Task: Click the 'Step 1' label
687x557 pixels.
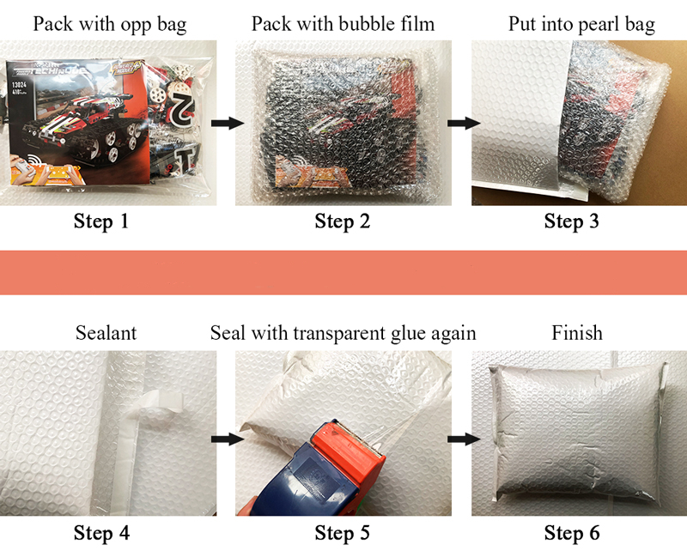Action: coord(101,221)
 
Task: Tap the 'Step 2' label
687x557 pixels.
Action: coord(342,221)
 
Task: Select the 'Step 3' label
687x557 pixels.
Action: coord(571,221)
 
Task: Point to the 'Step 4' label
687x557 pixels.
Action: coord(101,533)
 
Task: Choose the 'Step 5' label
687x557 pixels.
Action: coord(342,533)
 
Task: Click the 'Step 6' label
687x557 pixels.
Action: coord(572,533)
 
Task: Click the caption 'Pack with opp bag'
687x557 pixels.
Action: coord(110,25)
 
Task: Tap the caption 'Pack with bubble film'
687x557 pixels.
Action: coord(343,24)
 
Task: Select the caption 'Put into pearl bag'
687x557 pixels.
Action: coord(581,25)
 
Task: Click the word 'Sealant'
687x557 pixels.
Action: coord(106,333)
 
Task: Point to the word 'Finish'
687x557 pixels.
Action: coord(577,333)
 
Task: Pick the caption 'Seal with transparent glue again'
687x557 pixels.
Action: coord(343,334)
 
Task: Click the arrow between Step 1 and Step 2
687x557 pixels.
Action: coord(228,123)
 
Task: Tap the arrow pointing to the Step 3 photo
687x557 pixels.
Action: coord(464,123)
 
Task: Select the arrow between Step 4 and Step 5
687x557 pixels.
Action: coord(228,439)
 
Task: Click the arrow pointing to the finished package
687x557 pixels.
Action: coord(464,439)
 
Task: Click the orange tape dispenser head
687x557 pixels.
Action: coord(349,451)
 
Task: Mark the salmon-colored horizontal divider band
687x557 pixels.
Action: coord(343,272)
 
